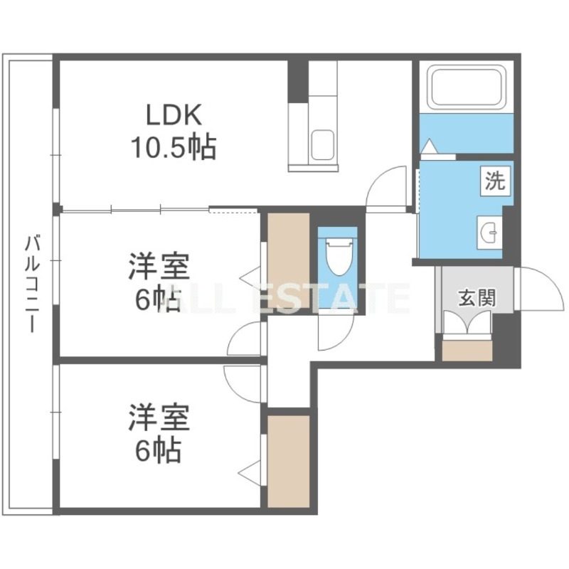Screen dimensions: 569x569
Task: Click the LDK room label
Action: pos(174,115)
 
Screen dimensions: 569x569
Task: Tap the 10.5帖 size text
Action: pos(174,147)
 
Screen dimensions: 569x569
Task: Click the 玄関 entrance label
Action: pos(477,298)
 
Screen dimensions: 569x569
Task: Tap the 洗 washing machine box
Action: pos(495,181)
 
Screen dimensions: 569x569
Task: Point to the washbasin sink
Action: pos(489,233)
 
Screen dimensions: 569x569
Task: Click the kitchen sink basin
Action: pos(323,144)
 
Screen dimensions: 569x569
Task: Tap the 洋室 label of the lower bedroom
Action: pos(159,418)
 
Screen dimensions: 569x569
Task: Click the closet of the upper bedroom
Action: pos(289,260)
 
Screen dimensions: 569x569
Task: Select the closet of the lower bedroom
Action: pos(289,461)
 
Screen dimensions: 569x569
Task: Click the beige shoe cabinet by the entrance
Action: pos(467,350)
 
